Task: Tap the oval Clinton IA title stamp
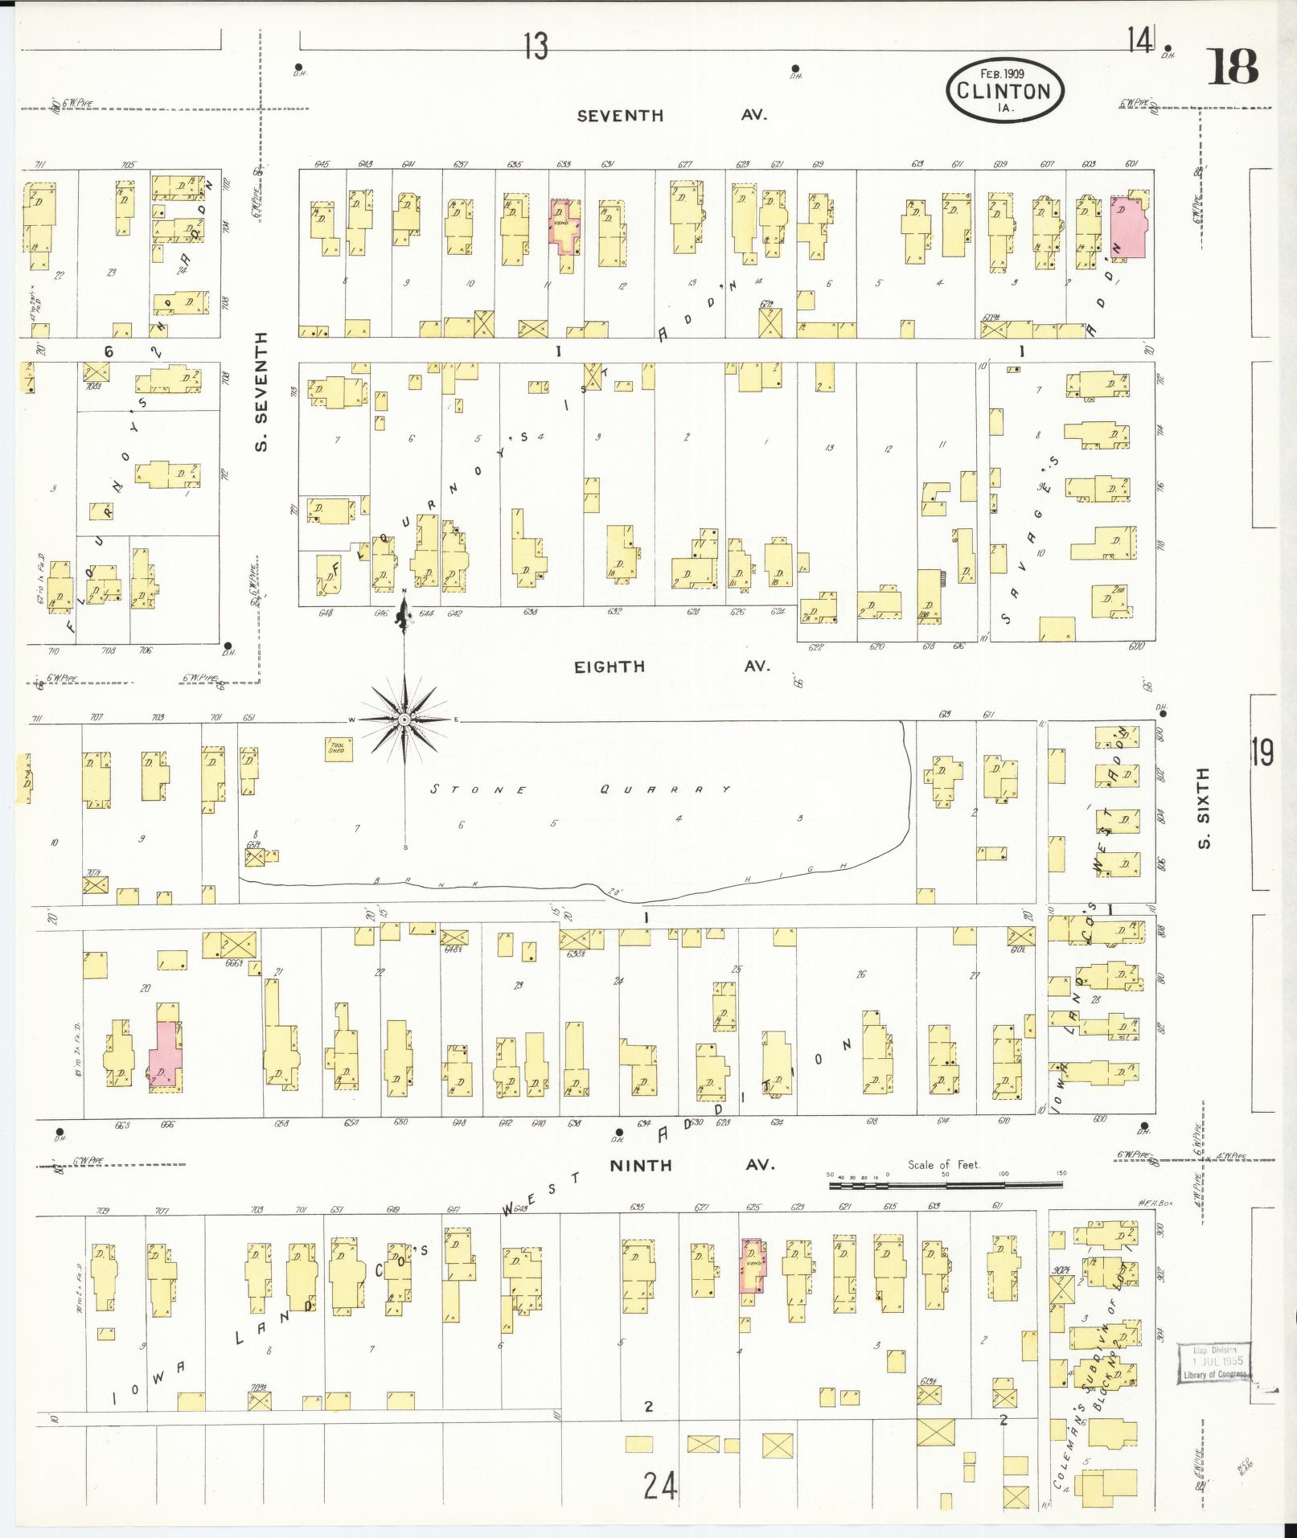coord(1005,90)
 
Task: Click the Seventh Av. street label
coord(671,115)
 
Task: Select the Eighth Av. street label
coord(671,666)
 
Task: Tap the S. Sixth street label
coord(1203,808)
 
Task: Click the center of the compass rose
coord(404,719)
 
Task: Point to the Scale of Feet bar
coord(945,1184)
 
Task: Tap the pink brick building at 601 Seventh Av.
coord(1127,228)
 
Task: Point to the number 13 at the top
coord(535,47)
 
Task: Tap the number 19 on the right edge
coord(1262,753)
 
